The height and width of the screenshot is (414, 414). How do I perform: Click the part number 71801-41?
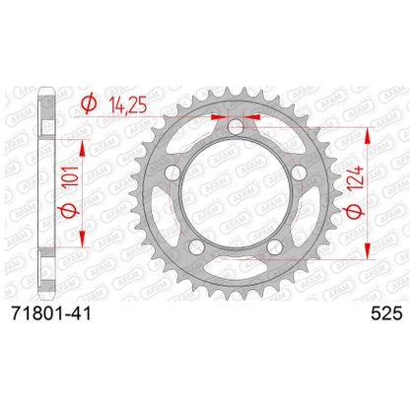[51, 314]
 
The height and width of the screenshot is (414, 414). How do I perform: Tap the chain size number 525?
[386, 314]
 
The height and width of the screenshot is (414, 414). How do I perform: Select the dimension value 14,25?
[127, 104]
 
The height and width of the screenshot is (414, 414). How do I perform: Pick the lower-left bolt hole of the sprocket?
[196, 246]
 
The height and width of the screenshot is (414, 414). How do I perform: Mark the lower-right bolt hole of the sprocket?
[274, 246]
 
